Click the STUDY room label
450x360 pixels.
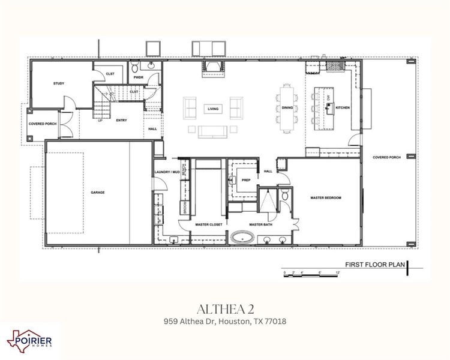coord(59,83)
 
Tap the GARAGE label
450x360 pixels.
coord(98,193)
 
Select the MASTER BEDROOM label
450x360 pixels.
coord(326,197)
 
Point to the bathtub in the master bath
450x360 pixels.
coord(243,237)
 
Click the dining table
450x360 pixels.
coord(287,108)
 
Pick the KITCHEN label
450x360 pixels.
coord(343,108)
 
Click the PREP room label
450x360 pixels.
coord(246,180)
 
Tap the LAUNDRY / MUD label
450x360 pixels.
coord(167,172)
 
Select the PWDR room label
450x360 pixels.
coord(138,77)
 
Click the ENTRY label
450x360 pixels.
coord(121,120)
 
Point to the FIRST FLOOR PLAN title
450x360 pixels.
coord(372,264)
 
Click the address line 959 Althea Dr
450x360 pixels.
coord(225,322)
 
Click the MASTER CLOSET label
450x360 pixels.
coord(209,224)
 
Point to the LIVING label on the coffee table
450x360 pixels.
coord(212,109)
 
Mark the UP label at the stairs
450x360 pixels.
coord(100,120)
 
